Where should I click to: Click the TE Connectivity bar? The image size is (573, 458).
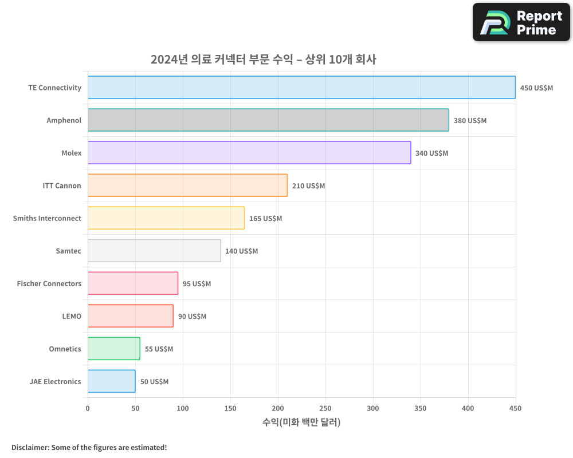tap(301, 88)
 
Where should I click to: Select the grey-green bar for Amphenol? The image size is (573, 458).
tap(268, 120)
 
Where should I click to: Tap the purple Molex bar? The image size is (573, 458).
tap(249, 153)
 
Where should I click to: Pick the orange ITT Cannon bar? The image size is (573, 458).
tap(187, 185)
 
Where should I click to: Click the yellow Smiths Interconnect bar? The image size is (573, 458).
tap(166, 218)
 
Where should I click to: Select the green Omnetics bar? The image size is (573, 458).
tap(114, 349)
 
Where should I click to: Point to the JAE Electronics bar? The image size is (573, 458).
tap(112, 381)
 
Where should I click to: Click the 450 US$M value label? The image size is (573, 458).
tap(536, 88)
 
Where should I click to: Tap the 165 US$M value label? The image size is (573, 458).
tap(265, 219)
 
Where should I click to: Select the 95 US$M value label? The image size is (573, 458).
tap(197, 284)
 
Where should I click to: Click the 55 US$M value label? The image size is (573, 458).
tap(159, 349)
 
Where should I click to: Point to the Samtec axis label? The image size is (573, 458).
tap(68, 251)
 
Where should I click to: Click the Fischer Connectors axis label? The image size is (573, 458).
tap(49, 283)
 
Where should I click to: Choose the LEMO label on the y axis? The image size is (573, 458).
tap(72, 316)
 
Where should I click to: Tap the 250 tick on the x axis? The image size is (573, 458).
tap(325, 408)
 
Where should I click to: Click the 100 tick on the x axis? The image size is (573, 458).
tap(183, 408)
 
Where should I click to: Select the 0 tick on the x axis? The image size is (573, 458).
tap(88, 408)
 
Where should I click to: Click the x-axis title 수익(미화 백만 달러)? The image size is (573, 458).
tap(301, 423)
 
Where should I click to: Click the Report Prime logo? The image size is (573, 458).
tap(521, 22)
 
